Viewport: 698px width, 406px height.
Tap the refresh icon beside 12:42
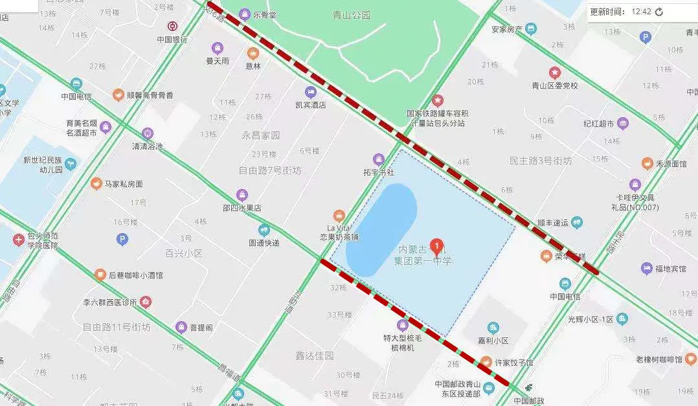pyautogui.click(x=659, y=12)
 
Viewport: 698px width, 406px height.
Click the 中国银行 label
pyautogui.click(x=172, y=39)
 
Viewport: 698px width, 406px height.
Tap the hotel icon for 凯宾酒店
pyautogui.click(x=311, y=92)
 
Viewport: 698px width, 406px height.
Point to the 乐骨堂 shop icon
pyautogui.click(x=245, y=14)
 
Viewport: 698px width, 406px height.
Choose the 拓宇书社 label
pyautogui.click(x=379, y=172)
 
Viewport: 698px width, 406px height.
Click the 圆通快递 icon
pyautogui.click(x=264, y=230)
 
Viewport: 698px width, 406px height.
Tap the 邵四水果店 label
pyautogui.click(x=242, y=208)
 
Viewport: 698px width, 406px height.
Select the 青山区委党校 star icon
pyautogui.click(x=554, y=73)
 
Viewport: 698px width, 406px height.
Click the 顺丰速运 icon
pyautogui.click(x=576, y=223)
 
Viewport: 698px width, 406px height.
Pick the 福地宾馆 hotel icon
pyautogui.click(x=646, y=268)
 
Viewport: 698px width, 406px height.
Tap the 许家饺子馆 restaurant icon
pyautogui.click(x=486, y=362)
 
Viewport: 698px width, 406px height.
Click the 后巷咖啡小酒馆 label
pyautogui.click(x=136, y=275)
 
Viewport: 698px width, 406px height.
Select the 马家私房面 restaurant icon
pyautogui.click(x=96, y=184)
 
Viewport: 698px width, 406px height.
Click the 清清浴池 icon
pyautogui.click(x=148, y=133)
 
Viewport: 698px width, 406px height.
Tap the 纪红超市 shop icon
pyautogui.click(x=623, y=124)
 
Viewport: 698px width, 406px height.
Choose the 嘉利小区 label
pyautogui.click(x=493, y=340)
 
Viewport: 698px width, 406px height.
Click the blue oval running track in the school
pyautogui.click(x=381, y=231)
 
